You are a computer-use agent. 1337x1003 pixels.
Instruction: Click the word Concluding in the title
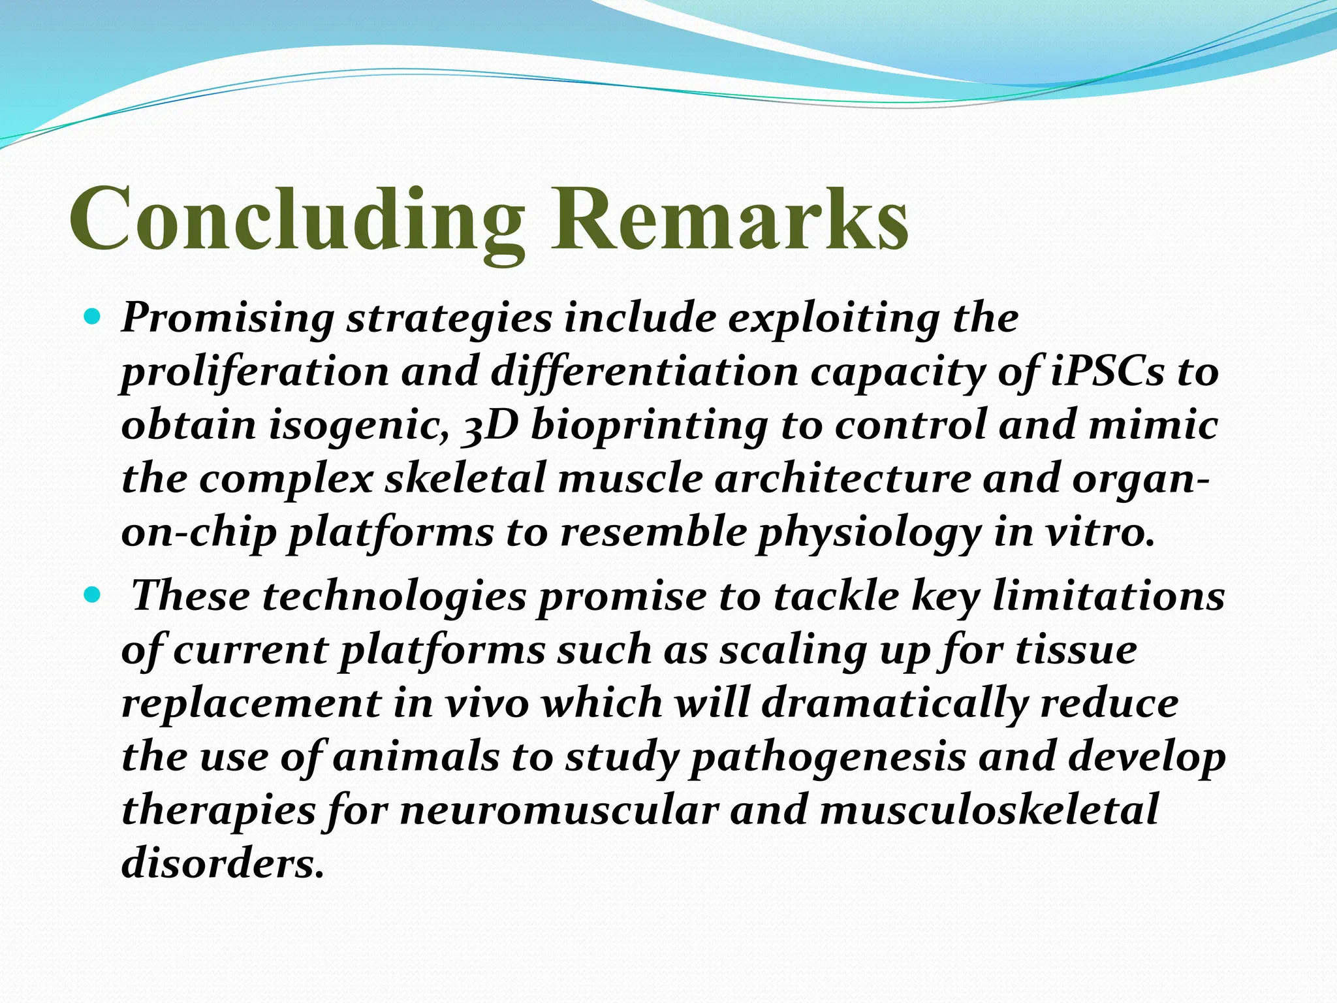[297, 219]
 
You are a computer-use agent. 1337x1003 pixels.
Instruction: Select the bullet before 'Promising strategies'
[93, 318]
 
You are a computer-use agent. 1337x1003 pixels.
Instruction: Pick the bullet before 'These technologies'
[93, 596]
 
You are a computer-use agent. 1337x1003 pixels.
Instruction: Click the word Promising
[228, 320]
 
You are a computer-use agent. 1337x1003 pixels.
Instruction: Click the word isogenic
[358, 426]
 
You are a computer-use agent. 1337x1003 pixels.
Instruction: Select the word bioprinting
[650, 426]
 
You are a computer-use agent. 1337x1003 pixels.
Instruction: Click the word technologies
[394, 598]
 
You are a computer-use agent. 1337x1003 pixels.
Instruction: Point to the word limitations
[1108, 597]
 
